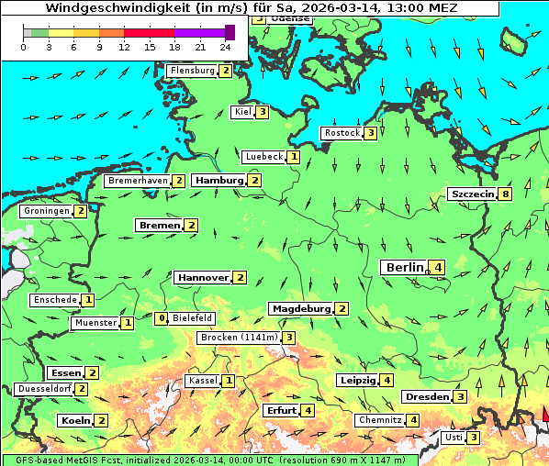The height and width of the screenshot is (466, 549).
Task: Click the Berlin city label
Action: [x=404, y=267]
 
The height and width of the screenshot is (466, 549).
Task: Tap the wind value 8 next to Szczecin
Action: [x=505, y=194]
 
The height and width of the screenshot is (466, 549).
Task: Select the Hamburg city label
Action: [x=218, y=181]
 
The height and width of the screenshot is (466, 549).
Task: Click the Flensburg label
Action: [x=192, y=71]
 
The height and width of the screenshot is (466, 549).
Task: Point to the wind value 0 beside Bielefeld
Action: [x=162, y=318]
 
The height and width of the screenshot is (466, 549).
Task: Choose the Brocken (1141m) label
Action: [x=238, y=338]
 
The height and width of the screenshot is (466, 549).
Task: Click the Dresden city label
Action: [x=426, y=397]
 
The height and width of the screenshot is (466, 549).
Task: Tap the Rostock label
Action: [x=342, y=133]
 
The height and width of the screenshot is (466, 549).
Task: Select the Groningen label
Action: [x=47, y=211]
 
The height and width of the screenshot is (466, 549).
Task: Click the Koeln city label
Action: [x=74, y=420]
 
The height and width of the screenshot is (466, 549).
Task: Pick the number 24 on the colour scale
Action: [x=226, y=46]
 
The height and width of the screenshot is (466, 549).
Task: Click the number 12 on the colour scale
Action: [x=124, y=46]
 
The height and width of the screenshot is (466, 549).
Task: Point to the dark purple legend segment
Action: [x=230, y=32]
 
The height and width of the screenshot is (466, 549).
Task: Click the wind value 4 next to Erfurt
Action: [x=308, y=410]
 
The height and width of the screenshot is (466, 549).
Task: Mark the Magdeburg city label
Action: [x=300, y=308]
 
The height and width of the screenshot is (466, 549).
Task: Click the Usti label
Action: [x=454, y=438]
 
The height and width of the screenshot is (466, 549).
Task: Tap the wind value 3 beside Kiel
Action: [x=263, y=112]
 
